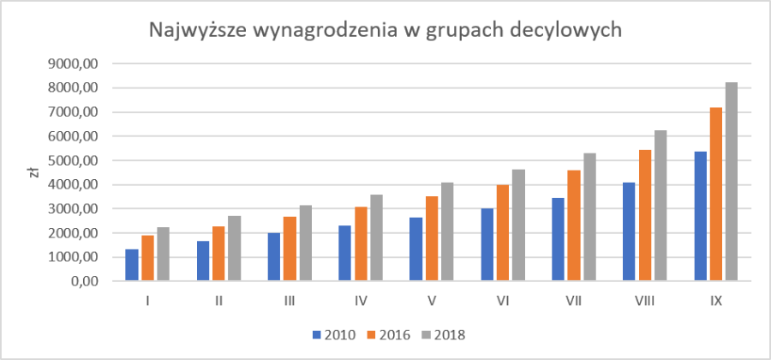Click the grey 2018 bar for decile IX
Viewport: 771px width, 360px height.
732,182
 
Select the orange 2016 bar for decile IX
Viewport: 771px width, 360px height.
715,195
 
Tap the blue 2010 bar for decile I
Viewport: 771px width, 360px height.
131,265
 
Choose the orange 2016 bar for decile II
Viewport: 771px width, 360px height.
218,254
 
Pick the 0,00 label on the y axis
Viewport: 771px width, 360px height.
89,281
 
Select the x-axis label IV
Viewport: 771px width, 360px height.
361,301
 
